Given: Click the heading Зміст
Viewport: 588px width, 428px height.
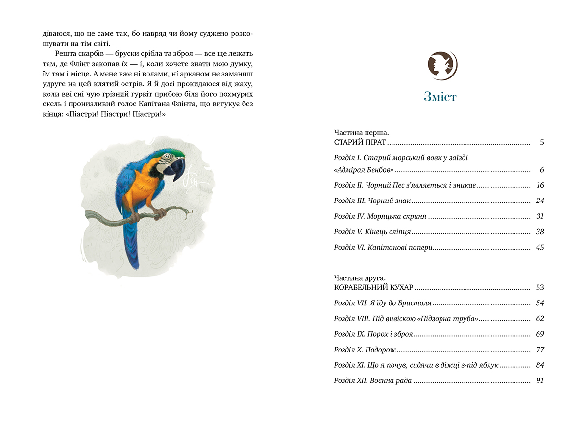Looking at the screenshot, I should tap(440, 96).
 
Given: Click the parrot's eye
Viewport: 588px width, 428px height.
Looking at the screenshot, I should tap(168, 158).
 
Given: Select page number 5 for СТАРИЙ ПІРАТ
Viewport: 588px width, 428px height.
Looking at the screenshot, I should tap(542, 143).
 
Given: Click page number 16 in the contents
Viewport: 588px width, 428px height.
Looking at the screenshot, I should tap(540, 185).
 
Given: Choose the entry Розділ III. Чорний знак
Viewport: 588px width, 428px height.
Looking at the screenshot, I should tap(372, 201).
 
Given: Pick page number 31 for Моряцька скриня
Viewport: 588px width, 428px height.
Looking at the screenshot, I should tap(540, 216).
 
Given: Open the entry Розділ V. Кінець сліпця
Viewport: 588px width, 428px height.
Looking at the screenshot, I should tap(372, 232).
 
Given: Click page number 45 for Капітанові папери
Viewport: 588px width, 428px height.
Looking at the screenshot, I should tap(540, 248).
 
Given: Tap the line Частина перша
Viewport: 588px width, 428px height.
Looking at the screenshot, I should tap(361, 133).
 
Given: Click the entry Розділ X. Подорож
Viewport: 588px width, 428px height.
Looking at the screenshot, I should tap(365, 350).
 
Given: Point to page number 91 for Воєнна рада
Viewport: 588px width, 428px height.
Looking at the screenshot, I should tap(540, 381).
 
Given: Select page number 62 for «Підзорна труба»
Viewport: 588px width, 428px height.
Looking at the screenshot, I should tap(540, 319).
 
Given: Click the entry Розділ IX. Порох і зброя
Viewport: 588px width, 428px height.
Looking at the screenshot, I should tap(373, 334).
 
